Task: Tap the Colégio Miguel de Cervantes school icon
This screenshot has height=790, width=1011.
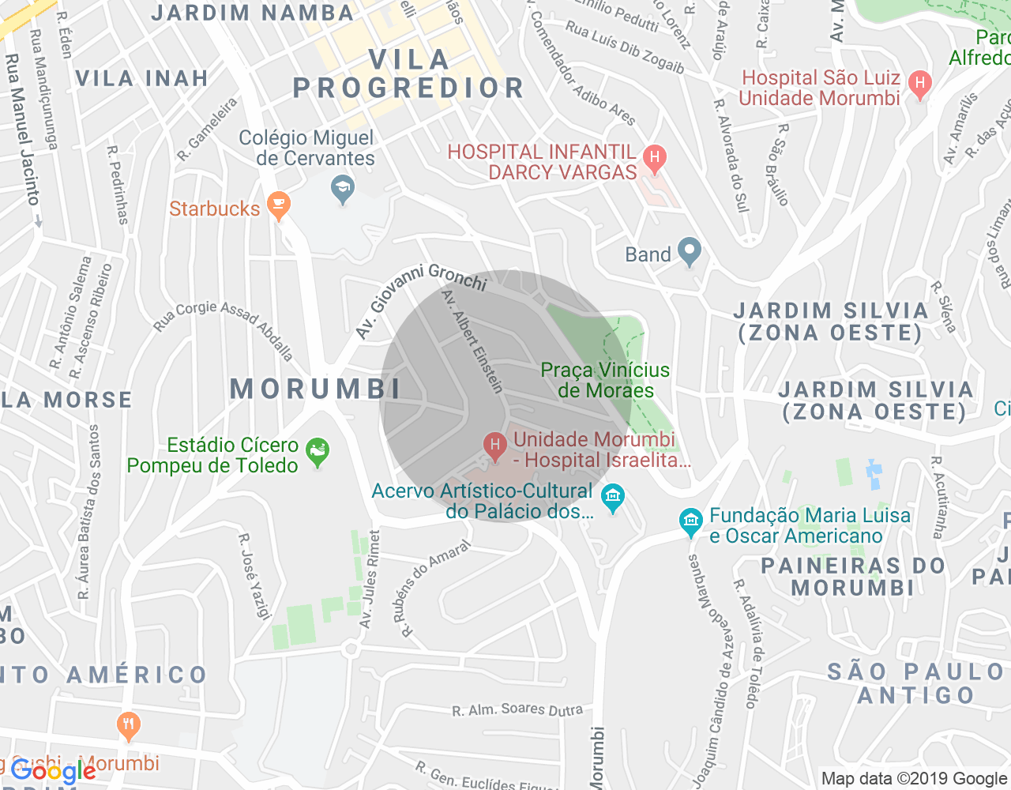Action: pyautogui.click(x=342, y=189)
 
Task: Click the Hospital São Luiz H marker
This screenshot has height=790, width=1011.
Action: pyautogui.click(x=919, y=84)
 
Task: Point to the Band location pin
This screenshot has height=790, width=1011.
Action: pyautogui.click(x=690, y=252)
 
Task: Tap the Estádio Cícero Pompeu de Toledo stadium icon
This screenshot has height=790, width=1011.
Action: pyautogui.click(x=318, y=452)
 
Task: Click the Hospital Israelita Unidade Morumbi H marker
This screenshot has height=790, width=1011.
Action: pyautogui.click(x=495, y=446)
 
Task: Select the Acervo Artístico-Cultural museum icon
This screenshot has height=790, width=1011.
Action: pyautogui.click(x=613, y=498)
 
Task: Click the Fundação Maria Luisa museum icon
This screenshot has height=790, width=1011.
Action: pyautogui.click(x=691, y=522)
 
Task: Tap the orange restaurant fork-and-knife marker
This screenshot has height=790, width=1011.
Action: pyautogui.click(x=128, y=725)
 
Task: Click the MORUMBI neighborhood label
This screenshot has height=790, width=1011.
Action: pyautogui.click(x=316, y=389)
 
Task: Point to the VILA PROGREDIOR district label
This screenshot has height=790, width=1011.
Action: pyautogui.click(x=408, y=74)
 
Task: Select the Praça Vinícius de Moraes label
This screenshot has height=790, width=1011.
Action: pyautogui.click(x=605, y=380)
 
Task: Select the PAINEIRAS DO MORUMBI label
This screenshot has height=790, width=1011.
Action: pyautogui.click(x=853, y=577)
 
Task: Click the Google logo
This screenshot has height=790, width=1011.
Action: pyautogui.click(x=54, y=770)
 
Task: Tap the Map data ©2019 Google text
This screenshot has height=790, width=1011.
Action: pyautogui.click(x=914, y=779)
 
